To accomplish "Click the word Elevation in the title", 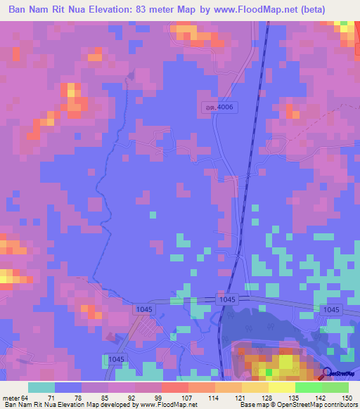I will pyautogui.click(x=119, y=11).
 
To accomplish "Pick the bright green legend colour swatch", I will pyautogui.click(x=308, y=387).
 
